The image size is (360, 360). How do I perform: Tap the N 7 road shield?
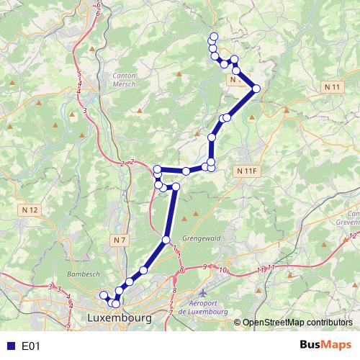click(120, 238)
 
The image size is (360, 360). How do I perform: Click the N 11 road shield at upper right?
click(333, 87)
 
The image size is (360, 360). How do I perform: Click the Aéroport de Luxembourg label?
click(204, 307)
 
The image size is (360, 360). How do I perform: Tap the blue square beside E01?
click(10, 346)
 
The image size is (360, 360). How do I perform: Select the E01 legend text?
click(30, 346)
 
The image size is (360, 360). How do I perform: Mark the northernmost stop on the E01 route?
click(212, 37)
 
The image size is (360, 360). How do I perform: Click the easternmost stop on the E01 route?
click(256, 89)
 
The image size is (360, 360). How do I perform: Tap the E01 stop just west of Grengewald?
click(166, 240)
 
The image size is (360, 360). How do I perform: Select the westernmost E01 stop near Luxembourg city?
click(103, 294)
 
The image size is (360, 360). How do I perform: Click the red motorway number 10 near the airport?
click(224, 270)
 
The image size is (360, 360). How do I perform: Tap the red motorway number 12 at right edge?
click(351, 235)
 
